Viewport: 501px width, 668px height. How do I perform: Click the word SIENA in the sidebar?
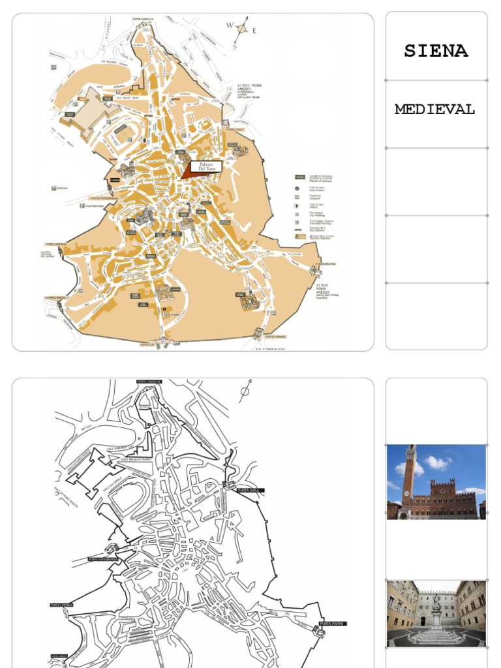point(436,52)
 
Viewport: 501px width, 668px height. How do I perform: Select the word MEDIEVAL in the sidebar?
point(434,110)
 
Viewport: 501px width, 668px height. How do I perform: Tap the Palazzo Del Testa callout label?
point(206,167)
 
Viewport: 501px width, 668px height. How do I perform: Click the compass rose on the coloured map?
point(242,29)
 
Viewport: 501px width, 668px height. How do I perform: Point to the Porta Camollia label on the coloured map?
point(143,19)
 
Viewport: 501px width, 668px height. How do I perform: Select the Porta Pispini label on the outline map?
point(334,624)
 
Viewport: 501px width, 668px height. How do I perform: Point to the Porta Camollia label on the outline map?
point(149,382)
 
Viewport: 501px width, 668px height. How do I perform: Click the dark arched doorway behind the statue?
point(423,621)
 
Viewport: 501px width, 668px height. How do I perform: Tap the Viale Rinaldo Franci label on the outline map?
point(134,459)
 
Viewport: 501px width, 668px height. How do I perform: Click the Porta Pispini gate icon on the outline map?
point(319,631)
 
